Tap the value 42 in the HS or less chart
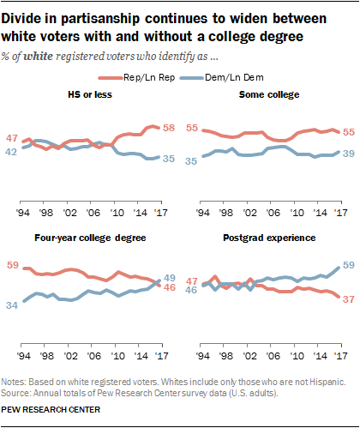[x=13, y=152]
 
